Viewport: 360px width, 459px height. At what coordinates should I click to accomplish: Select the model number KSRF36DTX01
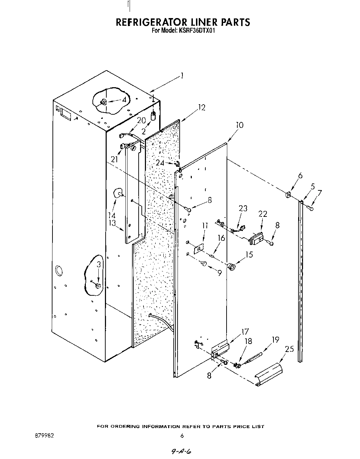[196, 30]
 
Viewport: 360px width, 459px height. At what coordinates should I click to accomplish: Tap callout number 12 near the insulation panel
[202, 108]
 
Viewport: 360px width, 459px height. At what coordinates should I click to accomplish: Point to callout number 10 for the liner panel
[239, 125]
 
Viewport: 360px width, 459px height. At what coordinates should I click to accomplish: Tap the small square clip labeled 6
[288, 195]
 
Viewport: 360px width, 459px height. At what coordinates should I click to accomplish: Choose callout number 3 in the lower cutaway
[99, 265]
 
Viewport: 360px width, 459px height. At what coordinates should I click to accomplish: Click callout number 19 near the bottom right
[275, 339]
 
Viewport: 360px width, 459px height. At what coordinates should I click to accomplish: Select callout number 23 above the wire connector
[243, 208]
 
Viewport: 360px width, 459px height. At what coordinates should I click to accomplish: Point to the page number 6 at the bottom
[182, 436]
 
